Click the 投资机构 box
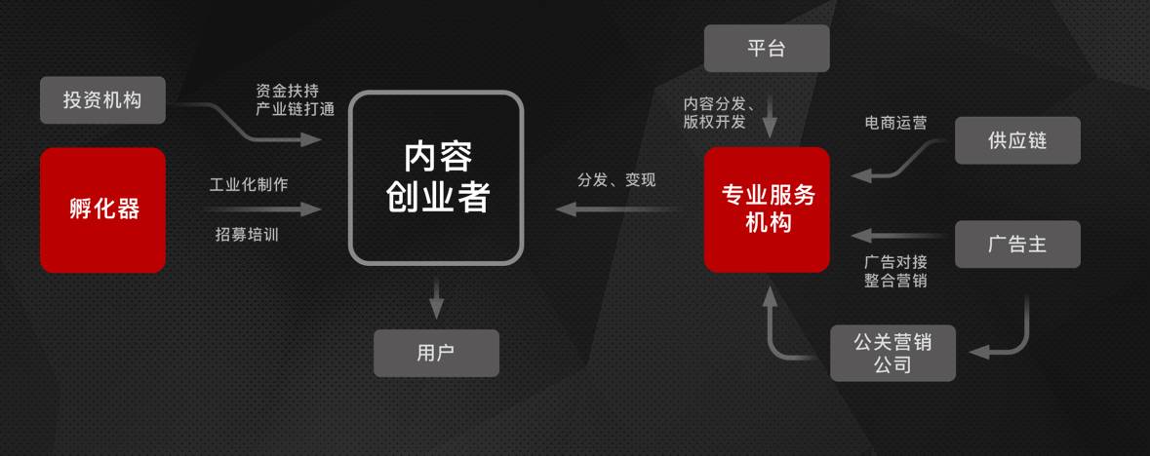click(102, 99)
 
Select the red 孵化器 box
click(102, 209)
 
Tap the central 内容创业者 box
click(436, 177)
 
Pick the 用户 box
click(436, 353)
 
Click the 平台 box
click(767, 49)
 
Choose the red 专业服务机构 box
click(767, 209)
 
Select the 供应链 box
click(1017, 140)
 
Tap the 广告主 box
click(1017, 244)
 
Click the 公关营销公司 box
click(892, 353)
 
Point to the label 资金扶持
click(288, 89)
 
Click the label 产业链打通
click(295, 109)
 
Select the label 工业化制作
click(248, 184)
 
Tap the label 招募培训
click(248, 234)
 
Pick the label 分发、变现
click(616, 180)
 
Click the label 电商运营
click(895, 124)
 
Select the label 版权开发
click(714, 122)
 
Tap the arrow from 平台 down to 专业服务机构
click(769, 117)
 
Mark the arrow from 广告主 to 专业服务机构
click(897, 235)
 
